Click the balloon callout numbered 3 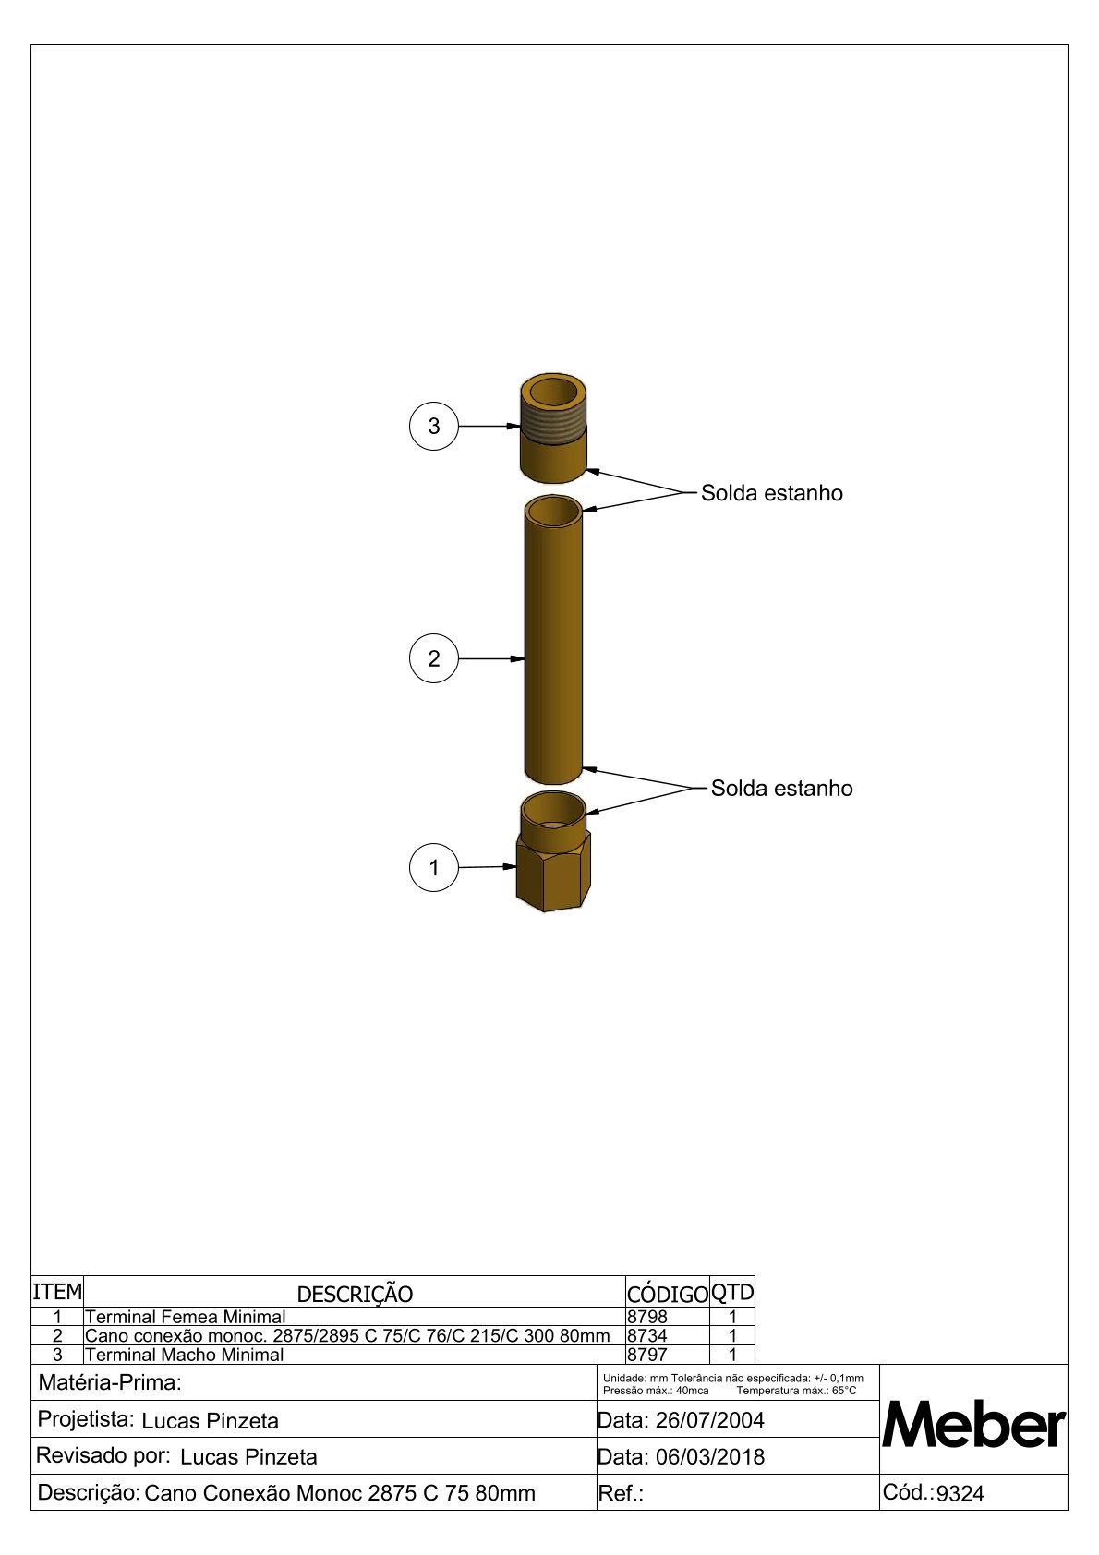point(433,426)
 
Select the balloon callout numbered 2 point(433,658)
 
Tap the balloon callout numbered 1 point(433,867)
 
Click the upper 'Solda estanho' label point(771,493)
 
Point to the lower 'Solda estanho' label point(781,788)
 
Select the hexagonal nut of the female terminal point(553,872)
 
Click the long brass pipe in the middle point(553,640)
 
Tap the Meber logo point(973,1424)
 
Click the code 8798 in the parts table point(647,1316)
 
